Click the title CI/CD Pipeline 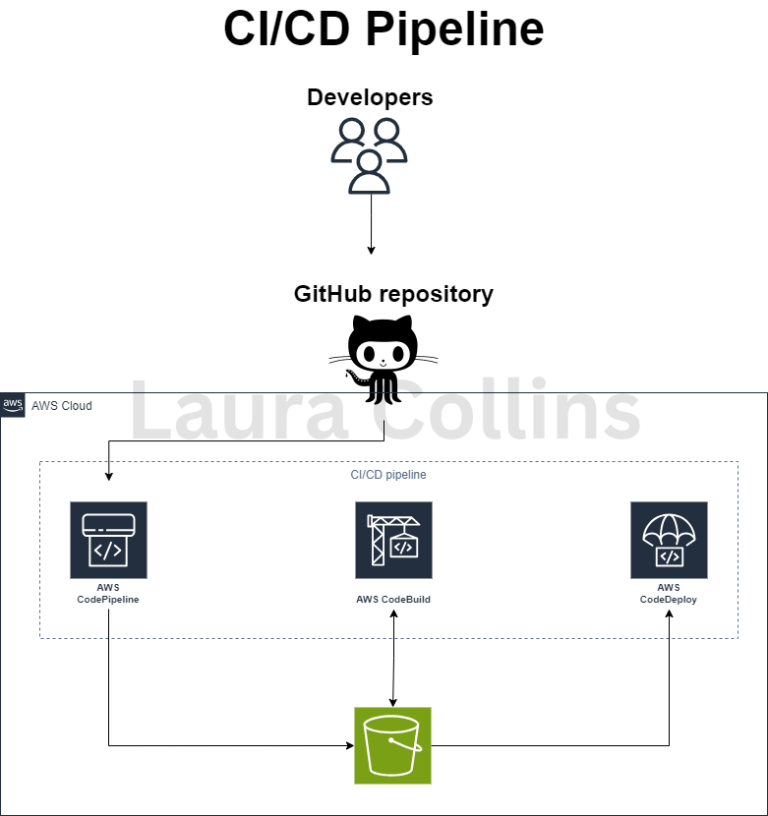coord(384,29)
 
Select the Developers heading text coord(370,97)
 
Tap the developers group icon coord(370,154)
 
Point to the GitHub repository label coord(393,294)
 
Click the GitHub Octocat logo coord(383,358)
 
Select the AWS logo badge coord(14,405)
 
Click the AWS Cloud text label coord(62,406)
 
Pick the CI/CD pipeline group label coord(388,475)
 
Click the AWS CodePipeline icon coord(108,541)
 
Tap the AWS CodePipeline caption coord(108,593)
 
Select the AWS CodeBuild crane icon coord(393,541)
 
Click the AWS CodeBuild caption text coord(393,599)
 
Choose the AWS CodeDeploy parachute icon coord(669,541)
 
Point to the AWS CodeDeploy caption coord(669,593)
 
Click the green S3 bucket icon coord(393,745)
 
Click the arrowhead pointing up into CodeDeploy coord(670,614)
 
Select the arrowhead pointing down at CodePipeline coord(108,476)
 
